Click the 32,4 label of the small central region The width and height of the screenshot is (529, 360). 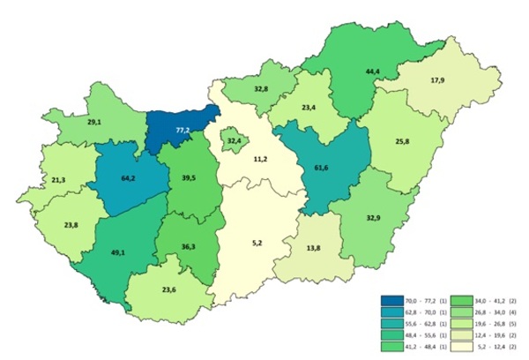[x=234, y=141]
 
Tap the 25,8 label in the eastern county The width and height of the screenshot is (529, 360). [x=401, y=141]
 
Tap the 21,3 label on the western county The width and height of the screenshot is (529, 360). [x=58, y=181]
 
